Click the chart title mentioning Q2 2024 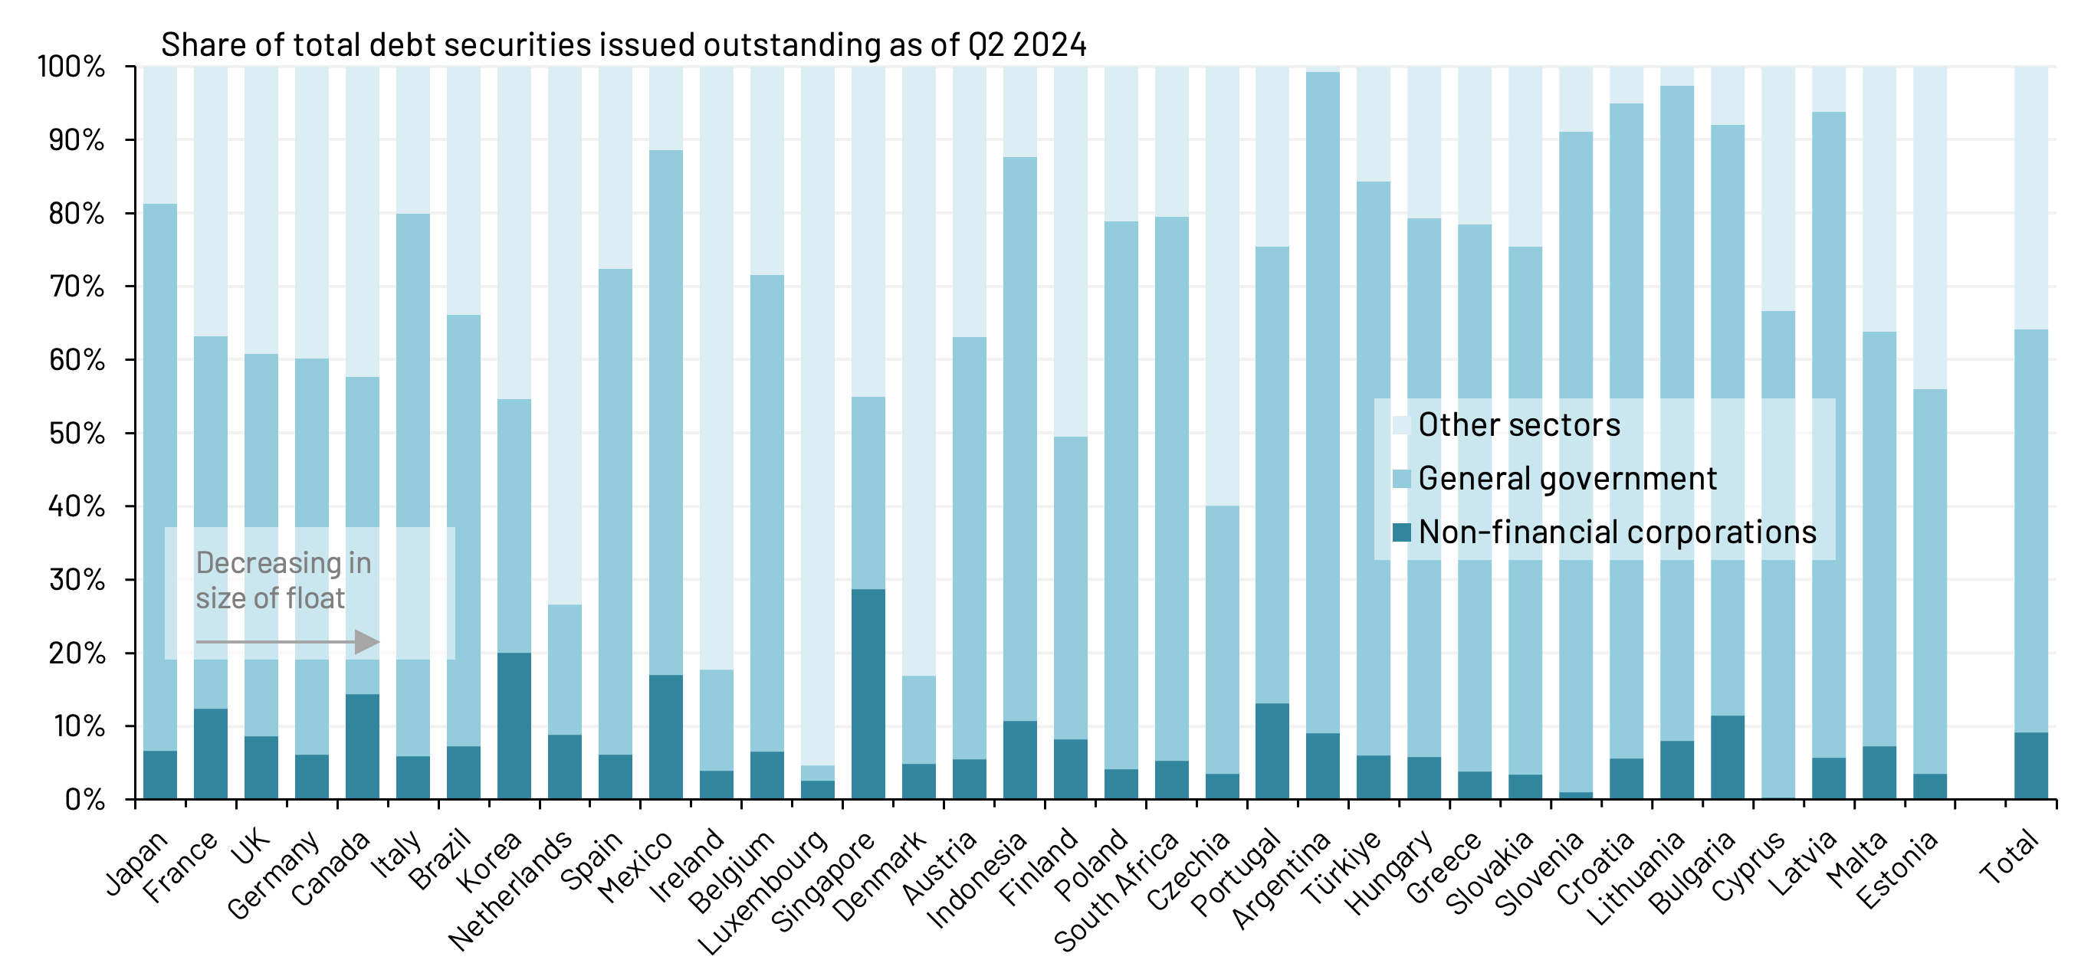[622, 44]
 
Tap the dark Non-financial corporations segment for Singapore [868, 693]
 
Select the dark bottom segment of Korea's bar [514, 725]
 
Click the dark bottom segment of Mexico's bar [665, 737]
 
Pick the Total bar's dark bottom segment [2031, 766]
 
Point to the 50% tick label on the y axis [77, 434]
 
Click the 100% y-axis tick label [71, 67]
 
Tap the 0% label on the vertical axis [84, 800]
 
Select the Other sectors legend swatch [1401, 425]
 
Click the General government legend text [1567, 479]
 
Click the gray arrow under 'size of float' [287, 643]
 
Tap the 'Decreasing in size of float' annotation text [283, 580]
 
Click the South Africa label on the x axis [1116, 891]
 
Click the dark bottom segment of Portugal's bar [1272, 751]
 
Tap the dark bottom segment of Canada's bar [362, 746]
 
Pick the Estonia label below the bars [1897, 870]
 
